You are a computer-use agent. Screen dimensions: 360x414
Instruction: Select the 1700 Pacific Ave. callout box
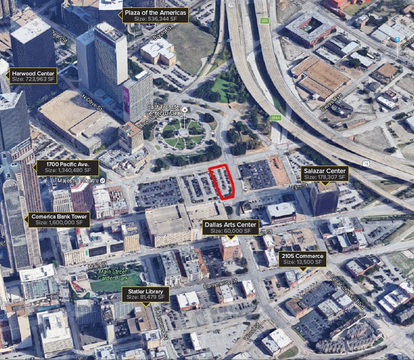67,167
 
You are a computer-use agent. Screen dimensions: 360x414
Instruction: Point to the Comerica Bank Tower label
59,219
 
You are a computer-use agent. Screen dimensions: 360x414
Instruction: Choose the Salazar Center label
323,173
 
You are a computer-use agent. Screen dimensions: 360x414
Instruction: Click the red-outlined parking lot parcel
223,182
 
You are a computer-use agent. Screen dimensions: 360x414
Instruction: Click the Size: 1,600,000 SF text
59,223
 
